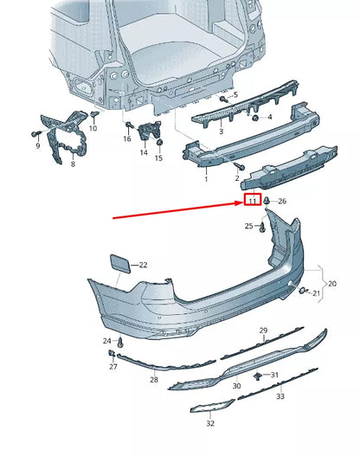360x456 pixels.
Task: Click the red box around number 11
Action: click(x=252, y=202)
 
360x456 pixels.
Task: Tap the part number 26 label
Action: click(x=282, y=202)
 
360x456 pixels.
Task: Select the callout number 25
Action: click(x=248, y=227)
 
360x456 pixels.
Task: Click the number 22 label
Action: click(x=144, y=265)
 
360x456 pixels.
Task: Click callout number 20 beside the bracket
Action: click(x=332, y=284)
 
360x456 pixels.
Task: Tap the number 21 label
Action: click(x=317, y=294)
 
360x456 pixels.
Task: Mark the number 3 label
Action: click(x=220, y=132)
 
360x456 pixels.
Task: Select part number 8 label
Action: click(x=73, y=164)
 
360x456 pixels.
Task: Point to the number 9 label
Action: click(x=37, y=146)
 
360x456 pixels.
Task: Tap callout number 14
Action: click(x=144, y=152)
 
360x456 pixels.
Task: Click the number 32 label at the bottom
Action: click(x=210, y=424)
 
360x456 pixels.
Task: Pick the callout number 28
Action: click(x=154, y=380)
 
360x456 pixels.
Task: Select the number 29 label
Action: click(x=264, y=331)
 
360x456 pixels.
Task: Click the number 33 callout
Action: click(x=280, y=395)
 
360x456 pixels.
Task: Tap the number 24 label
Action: click(x=107, y=341)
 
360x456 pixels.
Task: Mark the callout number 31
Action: click(x=274, y=375)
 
